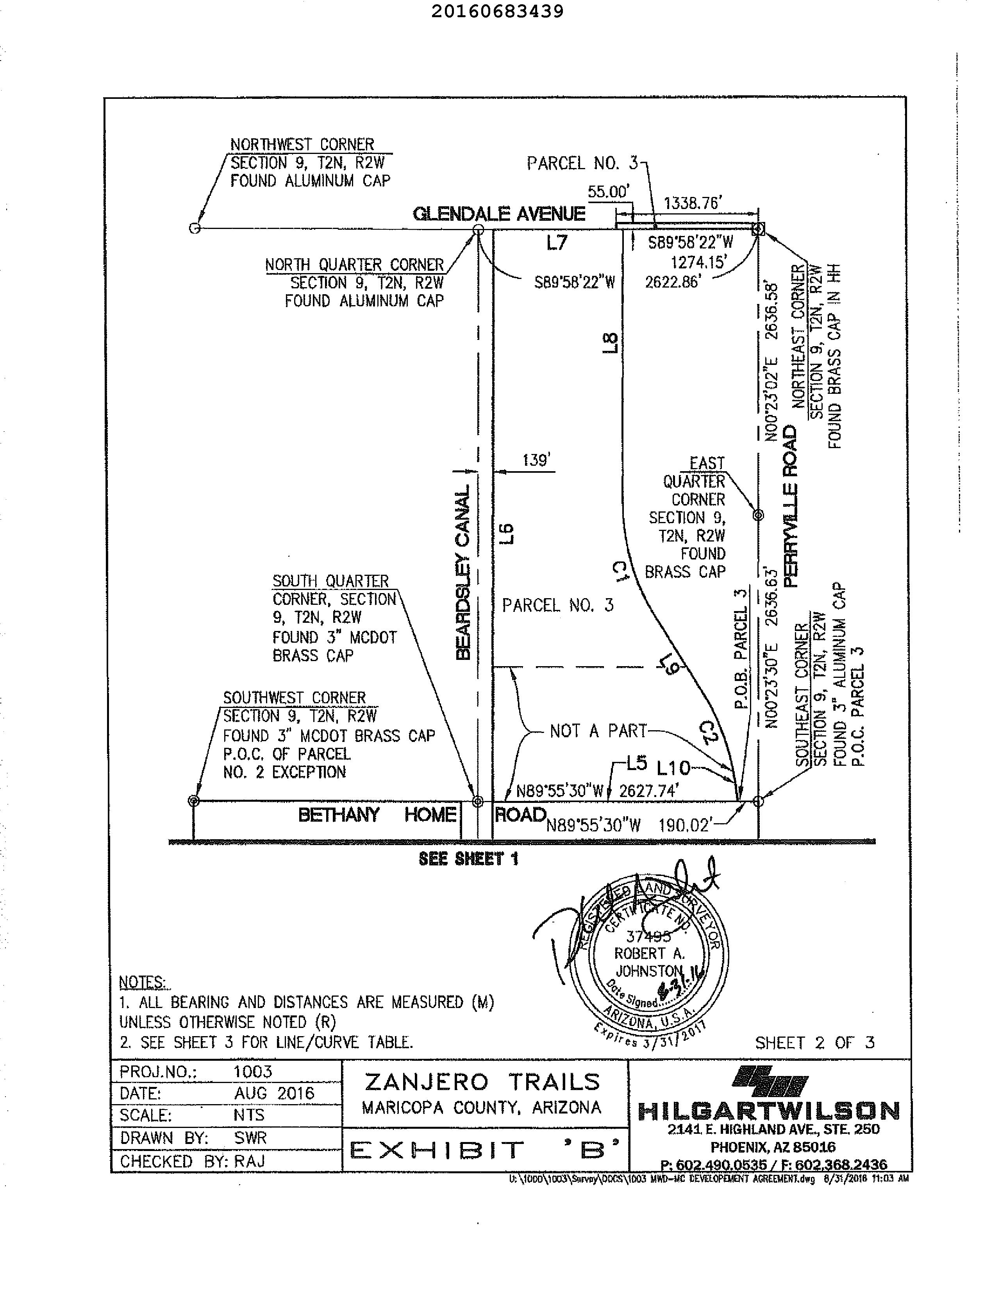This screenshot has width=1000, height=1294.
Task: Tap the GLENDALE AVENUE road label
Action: tap(499, 214)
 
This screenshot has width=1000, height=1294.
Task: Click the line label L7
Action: tap(557, 242)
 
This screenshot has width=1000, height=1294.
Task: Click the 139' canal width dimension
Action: tap(537, 460)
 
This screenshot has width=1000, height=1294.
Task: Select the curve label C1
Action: tap(620, 572)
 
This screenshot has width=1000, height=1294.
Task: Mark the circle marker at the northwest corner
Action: tap(194, 228)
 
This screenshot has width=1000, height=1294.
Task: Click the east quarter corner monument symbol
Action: tap(758, 515)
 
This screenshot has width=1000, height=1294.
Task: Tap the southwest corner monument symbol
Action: tap(193, 801)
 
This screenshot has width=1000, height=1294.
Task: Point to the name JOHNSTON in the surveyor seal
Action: tap(649, 971)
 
